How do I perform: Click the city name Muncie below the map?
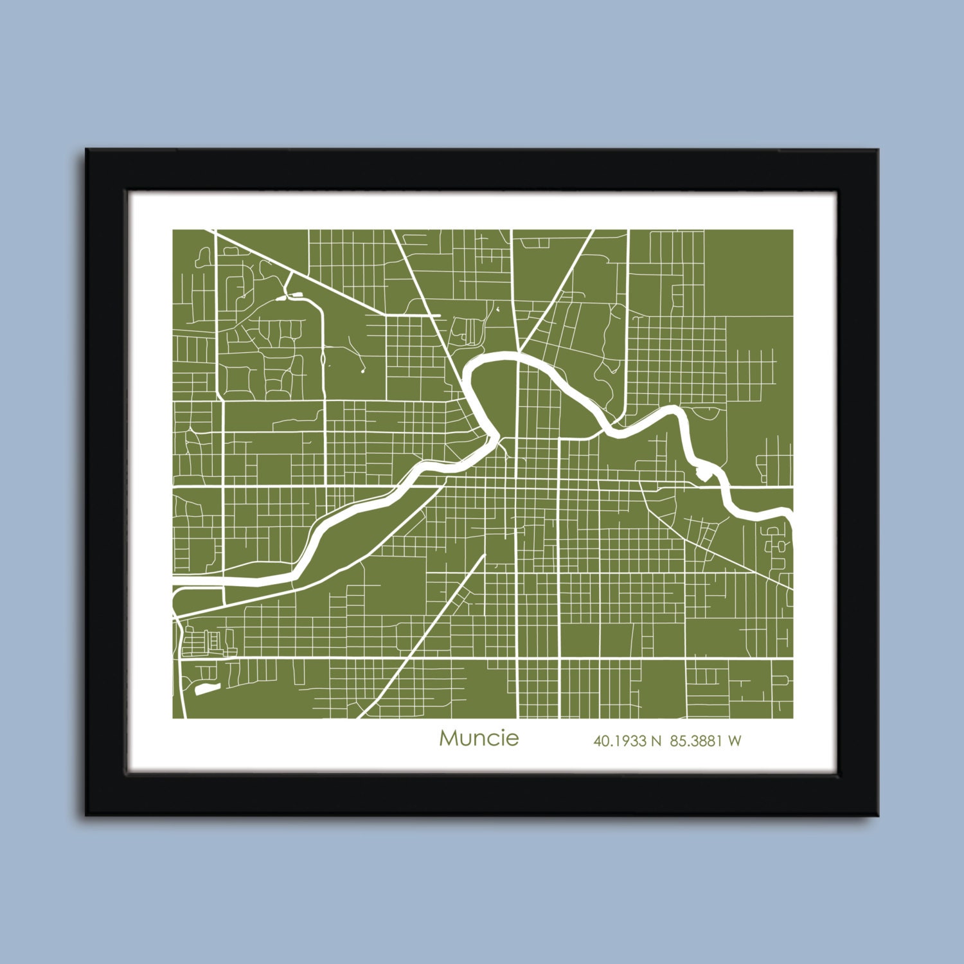tap(479, 738)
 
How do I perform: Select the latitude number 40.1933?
tap(620, 741)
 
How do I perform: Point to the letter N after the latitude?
tap(656, 741)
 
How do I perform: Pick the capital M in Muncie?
tap(448, 738)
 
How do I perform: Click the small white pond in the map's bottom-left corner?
tap(204, 691)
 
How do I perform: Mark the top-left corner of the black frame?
tap(87, 150)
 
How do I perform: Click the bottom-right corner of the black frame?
tap(878, 815)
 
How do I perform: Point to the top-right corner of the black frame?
tap(878, 150)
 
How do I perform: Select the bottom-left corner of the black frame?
tap(87, 815)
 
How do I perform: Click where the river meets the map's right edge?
tap(791, 514)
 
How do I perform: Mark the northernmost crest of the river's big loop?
tap(501, 355)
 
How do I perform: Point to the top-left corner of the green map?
tap(174, 230)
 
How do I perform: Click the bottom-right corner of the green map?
tap(792, 718)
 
